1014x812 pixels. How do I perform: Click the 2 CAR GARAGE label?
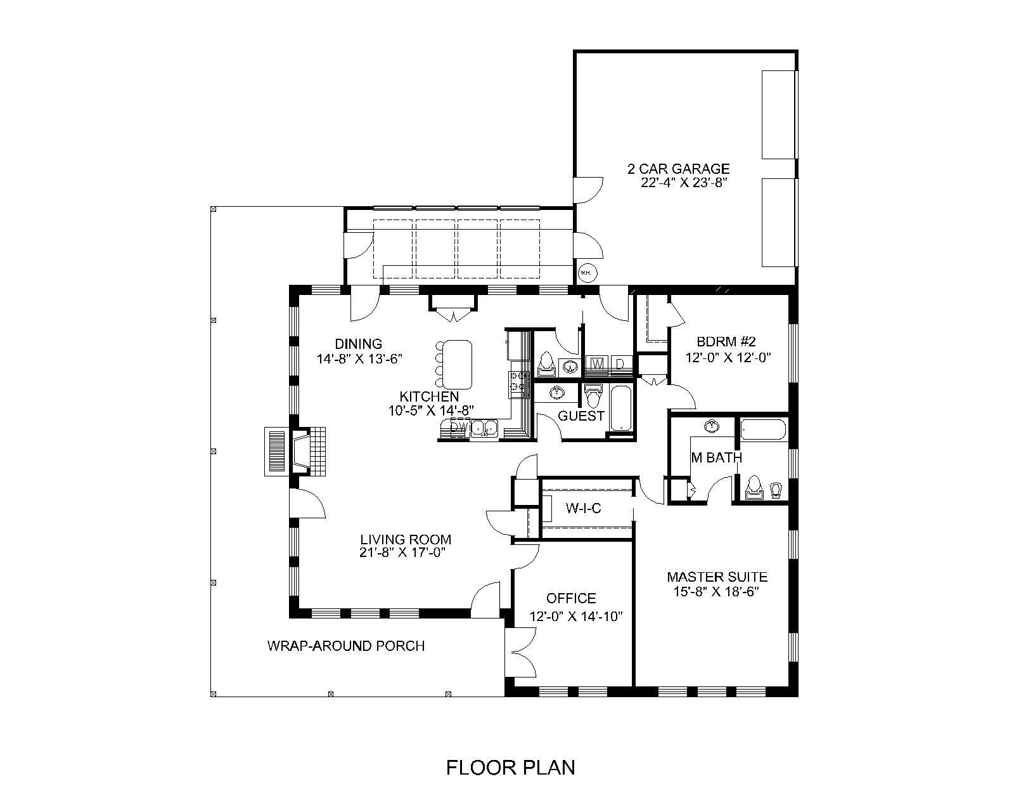(x=678, y=169)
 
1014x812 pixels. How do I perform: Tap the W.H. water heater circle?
(x=586, y=273)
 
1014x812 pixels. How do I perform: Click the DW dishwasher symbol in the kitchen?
(x=459, y=428)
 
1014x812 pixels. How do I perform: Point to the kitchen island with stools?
(x=457, y=364)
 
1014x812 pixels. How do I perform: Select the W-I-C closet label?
(x=582, y=508)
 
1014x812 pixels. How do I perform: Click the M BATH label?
(x=716, y=457)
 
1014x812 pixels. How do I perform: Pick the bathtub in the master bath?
(x=763, y=429)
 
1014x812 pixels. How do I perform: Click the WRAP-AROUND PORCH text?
(x=345, y=646)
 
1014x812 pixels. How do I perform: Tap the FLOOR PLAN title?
(x=511, y=768)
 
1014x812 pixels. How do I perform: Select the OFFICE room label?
(x=571, y=598)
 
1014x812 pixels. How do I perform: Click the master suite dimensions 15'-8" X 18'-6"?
(x=717, y=591)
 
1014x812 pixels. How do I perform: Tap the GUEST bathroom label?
(x=581, y=416)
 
